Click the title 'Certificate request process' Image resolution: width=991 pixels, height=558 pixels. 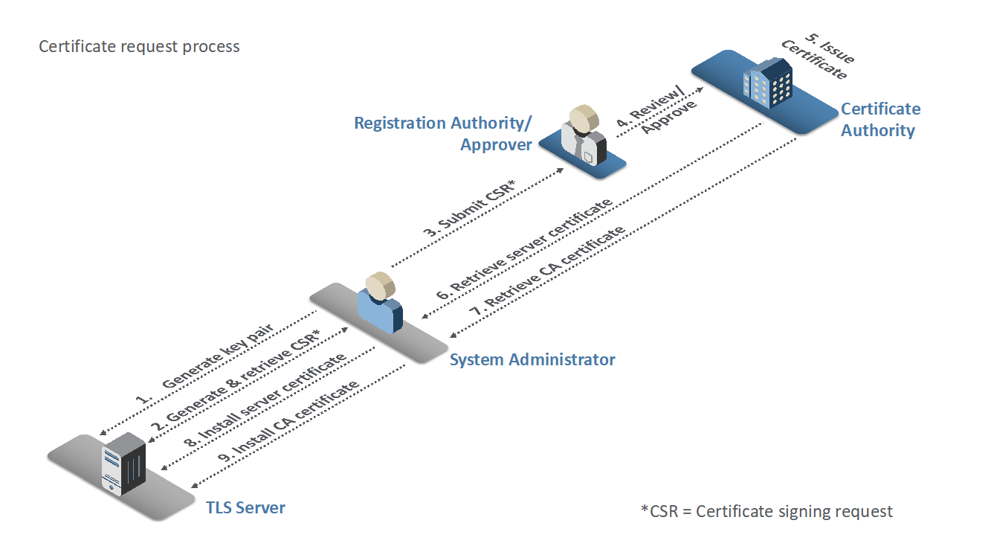click(x=139, y=47)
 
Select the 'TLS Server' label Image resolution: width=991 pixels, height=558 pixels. click(x=245, y=508)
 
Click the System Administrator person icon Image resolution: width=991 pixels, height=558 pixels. click(x=380, y=301)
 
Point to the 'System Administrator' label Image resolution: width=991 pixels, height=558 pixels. click(x=532, y=360)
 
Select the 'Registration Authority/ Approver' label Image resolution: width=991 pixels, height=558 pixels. click(x=443, y=133)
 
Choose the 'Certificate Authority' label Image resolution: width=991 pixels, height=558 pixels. click(x=879, y=120)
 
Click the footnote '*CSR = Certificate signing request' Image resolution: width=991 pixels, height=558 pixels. click(x=766, y=512)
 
